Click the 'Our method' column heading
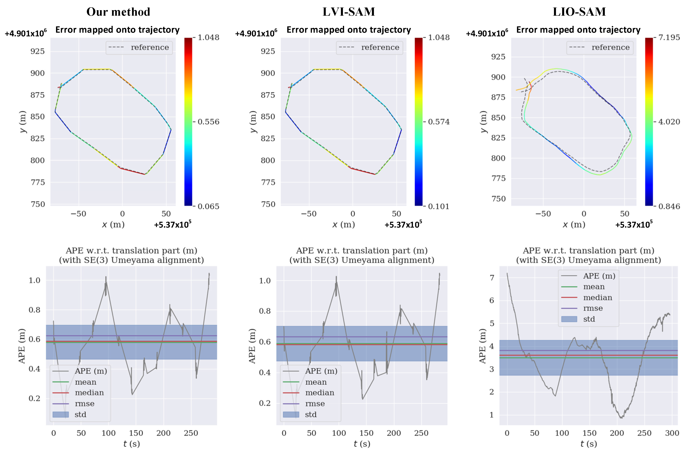click(x=118, y=12)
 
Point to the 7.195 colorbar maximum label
click(x=669, y=37)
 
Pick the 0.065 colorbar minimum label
click(x=208, y=206)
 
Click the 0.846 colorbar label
click(x=669, y=206)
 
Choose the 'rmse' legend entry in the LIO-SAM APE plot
click(x=593, y=308)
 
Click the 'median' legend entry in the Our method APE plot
click(x=89, y=393)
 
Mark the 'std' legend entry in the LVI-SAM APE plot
click(x=311, y=415)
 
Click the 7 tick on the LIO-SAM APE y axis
click(x=492, y=278)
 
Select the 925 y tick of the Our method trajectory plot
click(x=38, y=51)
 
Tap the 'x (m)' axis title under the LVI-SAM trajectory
click(x=344, y=225)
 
